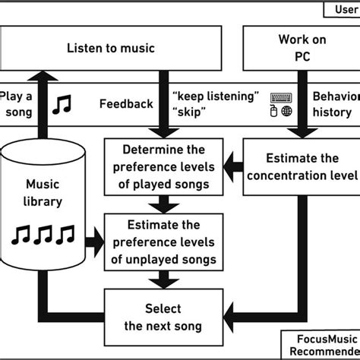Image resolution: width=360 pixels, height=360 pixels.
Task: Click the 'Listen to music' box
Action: point(110,48)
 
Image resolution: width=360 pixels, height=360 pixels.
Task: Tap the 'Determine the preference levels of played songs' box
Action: point(163,166)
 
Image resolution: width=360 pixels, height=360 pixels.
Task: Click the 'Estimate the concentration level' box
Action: point(302,166)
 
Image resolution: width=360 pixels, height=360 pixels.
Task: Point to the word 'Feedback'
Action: point(125,104)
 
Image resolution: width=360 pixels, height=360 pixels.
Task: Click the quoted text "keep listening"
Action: point(216,96)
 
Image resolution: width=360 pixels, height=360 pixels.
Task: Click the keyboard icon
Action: point(281,97)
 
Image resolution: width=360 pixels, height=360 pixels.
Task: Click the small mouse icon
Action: point(274,112)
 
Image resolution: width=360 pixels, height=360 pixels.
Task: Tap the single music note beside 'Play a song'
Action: point(61,104)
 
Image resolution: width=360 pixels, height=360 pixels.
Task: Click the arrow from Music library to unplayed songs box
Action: point(93,241)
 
